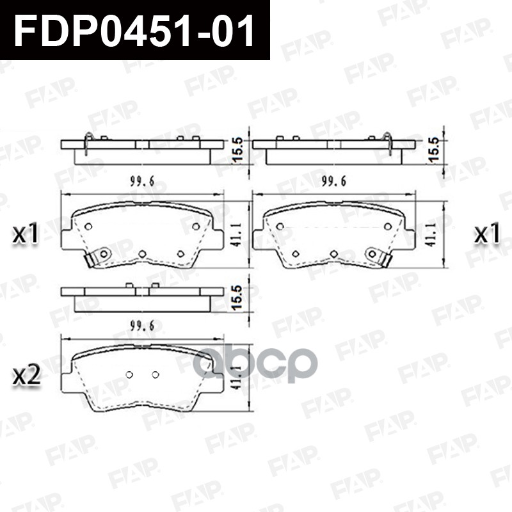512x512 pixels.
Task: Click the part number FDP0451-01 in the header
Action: coord(134,30)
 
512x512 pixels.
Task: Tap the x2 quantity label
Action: coord(26,376)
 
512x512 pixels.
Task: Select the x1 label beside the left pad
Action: coord(26,234)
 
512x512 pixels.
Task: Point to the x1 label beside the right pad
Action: coord(486,234)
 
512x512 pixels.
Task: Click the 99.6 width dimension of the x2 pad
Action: coord(142,326)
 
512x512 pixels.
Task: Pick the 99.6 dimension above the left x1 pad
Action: coord(142,182)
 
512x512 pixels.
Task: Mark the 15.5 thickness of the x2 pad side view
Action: coord(237,297)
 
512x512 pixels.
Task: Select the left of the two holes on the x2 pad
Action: coord(129,374)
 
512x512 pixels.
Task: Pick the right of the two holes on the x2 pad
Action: coord(154,374)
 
